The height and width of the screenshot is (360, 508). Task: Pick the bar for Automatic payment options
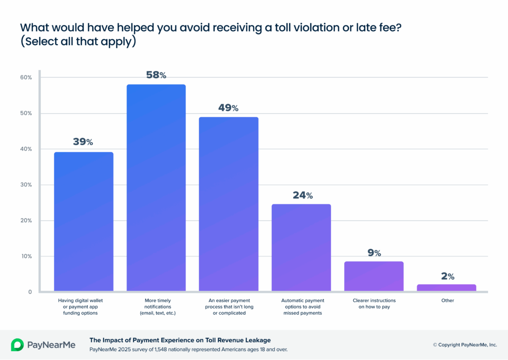pos(301,247)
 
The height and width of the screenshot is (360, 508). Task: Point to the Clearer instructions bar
pos(374,276)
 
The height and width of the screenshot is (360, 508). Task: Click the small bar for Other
pos(446,288)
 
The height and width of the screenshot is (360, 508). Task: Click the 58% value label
pos(156,75)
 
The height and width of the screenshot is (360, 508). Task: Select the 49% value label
pos(228,108)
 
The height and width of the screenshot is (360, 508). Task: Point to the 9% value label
pos(374,253)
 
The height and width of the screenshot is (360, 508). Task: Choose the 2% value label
pos(447,276)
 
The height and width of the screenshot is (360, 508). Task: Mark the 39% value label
pos(83,142)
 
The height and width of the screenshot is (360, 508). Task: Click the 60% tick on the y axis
pos(26,77)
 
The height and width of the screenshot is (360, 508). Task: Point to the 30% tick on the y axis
pos(26,185)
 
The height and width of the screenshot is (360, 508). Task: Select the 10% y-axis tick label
pos(26,256)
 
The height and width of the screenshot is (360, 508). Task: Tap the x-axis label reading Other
pos(446,300)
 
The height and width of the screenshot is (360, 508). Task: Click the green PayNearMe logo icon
pos(17,345)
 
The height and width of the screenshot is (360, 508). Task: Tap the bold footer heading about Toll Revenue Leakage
pos(180,340)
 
